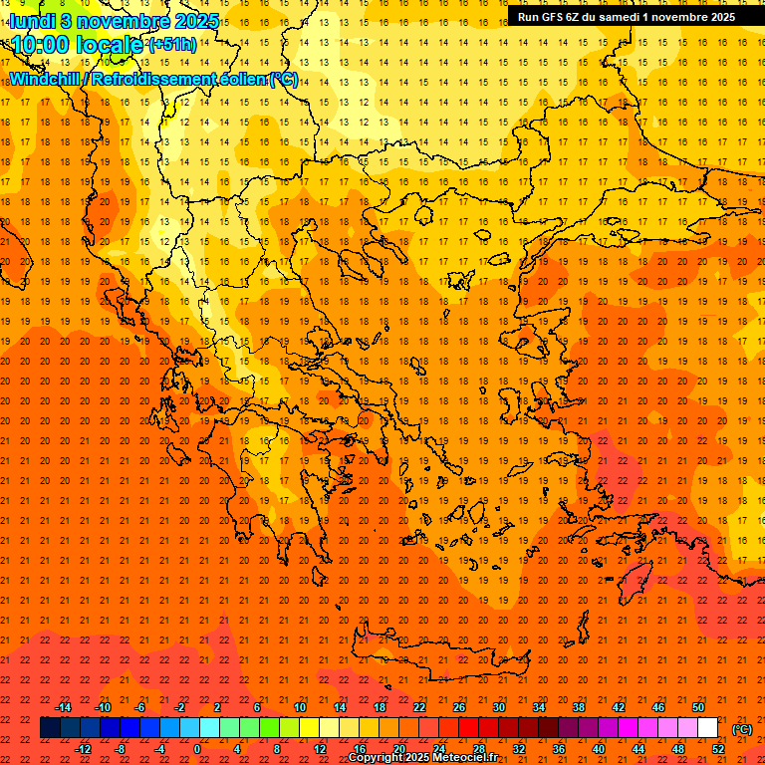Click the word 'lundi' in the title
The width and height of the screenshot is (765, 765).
click(x=33, y=20)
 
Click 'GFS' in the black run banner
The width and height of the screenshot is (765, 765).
click(x=555, y=17)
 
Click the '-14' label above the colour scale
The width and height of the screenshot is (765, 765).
click(x=63, y=707)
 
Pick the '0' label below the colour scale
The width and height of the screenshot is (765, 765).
click(x=197, y=749)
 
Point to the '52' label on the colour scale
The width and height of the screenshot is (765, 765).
click(x=717, y=749)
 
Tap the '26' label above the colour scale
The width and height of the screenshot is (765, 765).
click(x=458, y=707)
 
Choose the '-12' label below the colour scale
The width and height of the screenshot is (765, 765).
click(x=83, y=749)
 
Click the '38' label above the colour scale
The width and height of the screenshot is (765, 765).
click(x=578, y=707)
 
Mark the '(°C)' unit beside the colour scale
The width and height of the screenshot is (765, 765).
click(x=742, y=729)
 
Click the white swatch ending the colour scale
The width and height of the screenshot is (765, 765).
click(x=707, y=728)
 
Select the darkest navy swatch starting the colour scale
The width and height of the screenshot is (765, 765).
click(x=50, y=728)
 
